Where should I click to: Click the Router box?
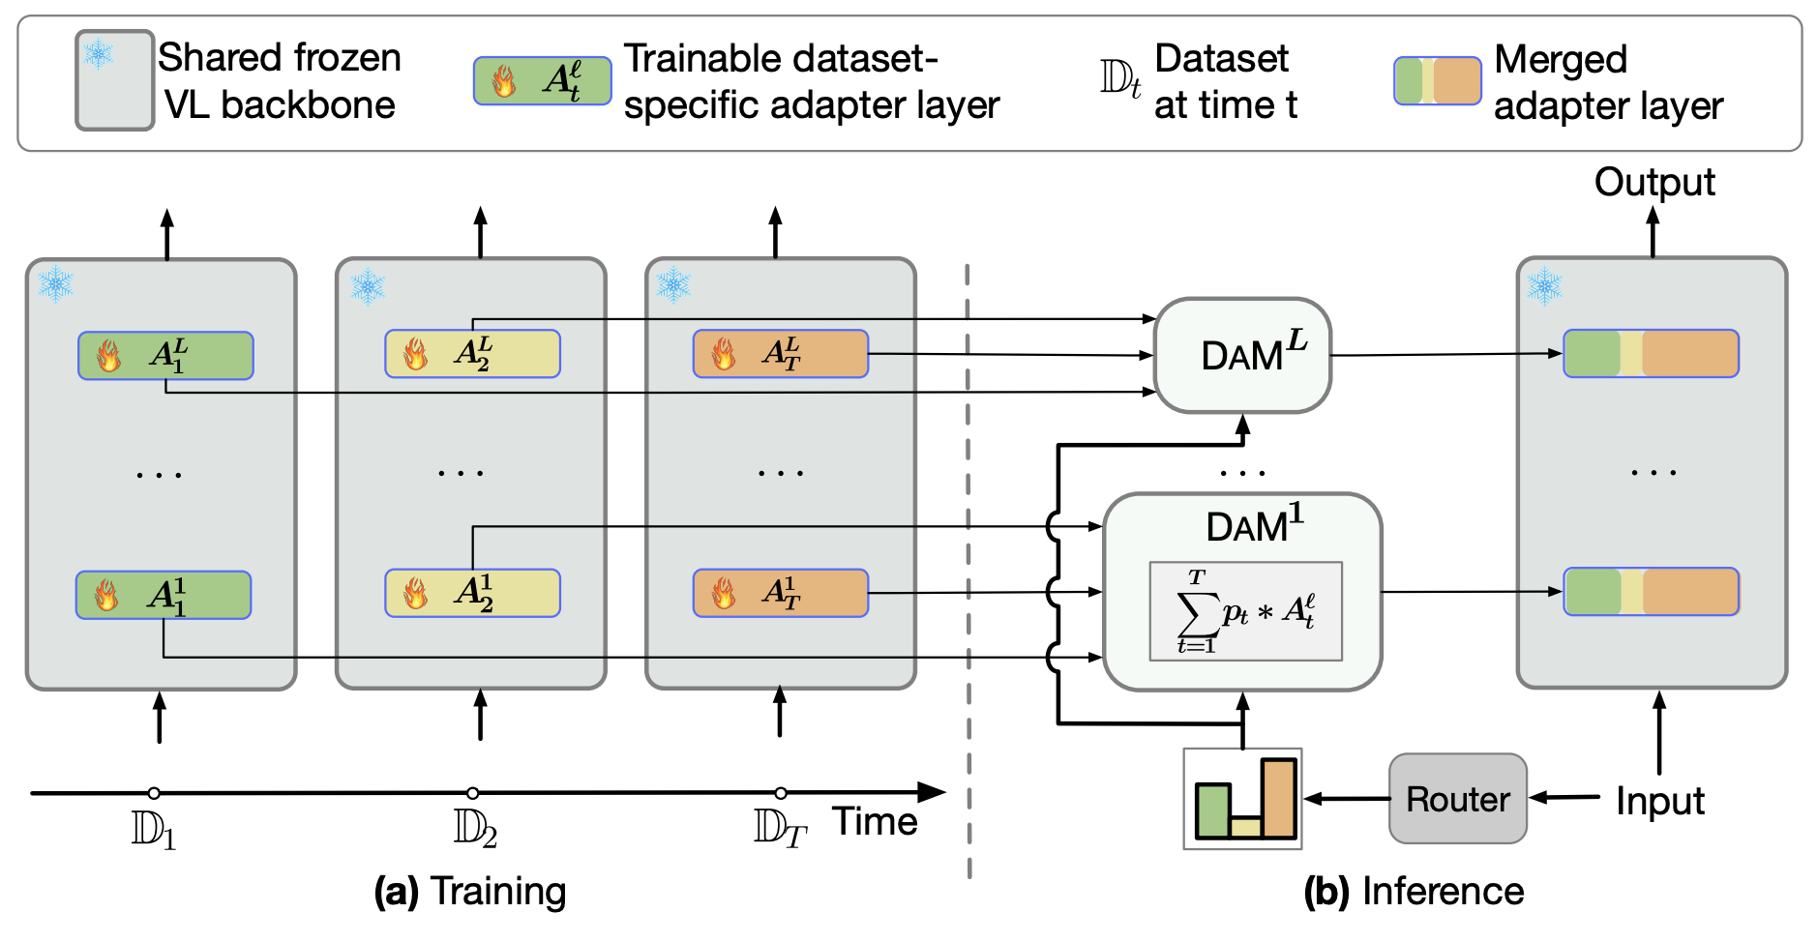(1457, 799)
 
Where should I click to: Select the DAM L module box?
(1242, 355)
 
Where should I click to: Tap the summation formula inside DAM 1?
(1245, 611)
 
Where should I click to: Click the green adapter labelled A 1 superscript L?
(165, 356)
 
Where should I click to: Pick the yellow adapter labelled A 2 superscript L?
(472, 354)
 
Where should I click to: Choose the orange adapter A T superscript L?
(780, 354)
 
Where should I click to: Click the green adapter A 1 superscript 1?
(164, 595)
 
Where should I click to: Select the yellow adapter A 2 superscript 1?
(472, 593)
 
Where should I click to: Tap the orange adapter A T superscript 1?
(780, 593)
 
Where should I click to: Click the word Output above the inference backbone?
(1653, 182)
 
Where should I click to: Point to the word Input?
(1659, 801)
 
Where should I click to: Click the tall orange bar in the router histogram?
(1278, 798)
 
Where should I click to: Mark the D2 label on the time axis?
(475, 829)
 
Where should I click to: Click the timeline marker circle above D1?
(154, 793)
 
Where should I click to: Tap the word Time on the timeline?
(875, 822)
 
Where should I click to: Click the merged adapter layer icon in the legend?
(1437, 81)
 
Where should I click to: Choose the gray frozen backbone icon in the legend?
(114, 81)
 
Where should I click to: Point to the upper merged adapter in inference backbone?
(1651, 354)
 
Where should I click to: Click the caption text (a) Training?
(470, 891)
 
